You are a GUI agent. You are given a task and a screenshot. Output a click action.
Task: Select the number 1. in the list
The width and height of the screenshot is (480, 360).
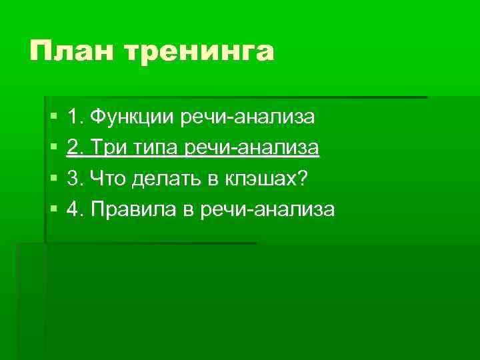75,118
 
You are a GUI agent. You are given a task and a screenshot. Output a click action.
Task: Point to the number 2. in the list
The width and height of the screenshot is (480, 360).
75,148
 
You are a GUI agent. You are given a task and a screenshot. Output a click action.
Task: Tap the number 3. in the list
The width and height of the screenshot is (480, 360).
75,179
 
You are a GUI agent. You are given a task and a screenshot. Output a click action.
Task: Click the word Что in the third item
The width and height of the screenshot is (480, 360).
106,179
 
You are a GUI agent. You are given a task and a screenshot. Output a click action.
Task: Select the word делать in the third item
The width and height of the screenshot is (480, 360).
158,179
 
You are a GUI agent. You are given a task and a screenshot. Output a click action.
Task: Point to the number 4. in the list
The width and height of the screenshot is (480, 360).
75,209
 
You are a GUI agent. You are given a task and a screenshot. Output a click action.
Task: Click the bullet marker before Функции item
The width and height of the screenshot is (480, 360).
53,118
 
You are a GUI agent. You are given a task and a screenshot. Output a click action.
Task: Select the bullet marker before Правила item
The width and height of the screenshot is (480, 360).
53,210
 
